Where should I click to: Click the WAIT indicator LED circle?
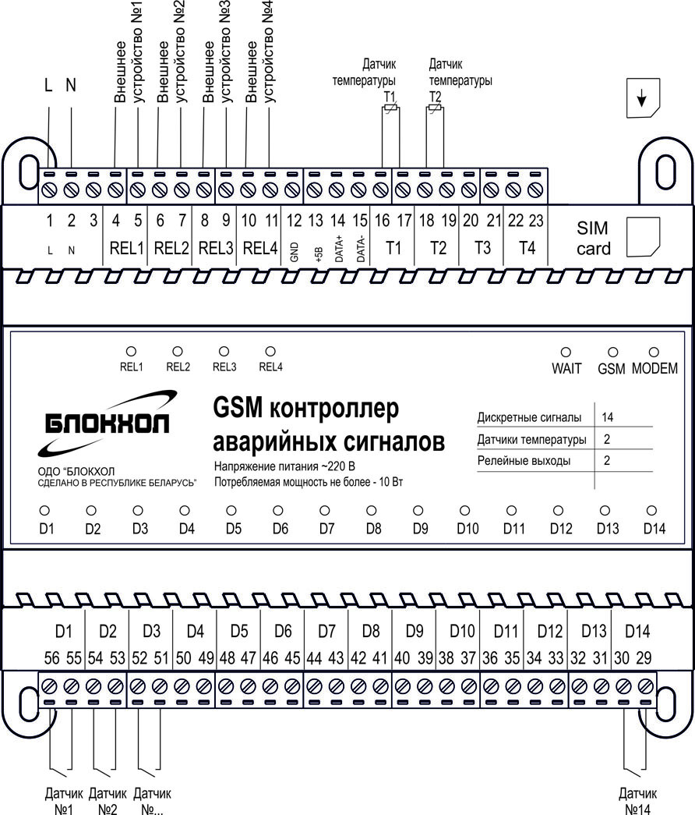[x=566, y=353]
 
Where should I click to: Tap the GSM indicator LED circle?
[x=613, y=353]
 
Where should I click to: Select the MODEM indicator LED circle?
[x=654, y=353]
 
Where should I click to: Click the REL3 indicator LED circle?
[x=224, y=352]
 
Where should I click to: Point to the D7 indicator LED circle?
[x=325, y=510]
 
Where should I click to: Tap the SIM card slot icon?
[x=643, y=235]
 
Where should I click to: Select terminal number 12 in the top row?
[x=294, y=221]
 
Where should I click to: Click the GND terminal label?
[x=295, y=251]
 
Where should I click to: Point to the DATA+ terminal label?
[x=338, y=250]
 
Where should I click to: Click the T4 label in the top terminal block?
[x=527, y=248]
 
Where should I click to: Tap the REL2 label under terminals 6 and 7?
[x=171, y=248]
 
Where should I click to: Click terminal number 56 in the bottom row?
[x=51, y=658]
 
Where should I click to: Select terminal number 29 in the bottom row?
[x=644, y=658]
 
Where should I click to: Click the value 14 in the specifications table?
[x=608, y=417]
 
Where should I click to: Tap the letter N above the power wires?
[x=71, y=86]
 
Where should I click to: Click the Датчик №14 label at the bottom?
[x=634, y=801]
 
